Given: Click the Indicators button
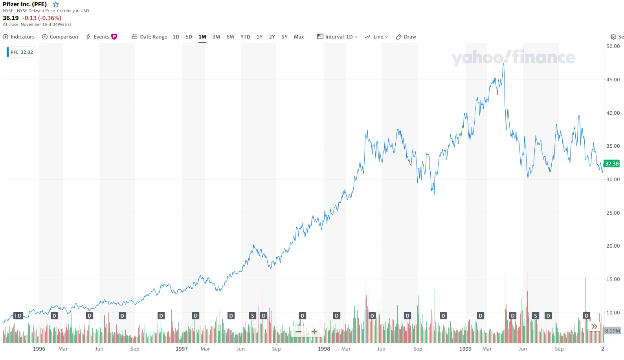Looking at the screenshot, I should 19,37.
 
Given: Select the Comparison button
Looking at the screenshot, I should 60,37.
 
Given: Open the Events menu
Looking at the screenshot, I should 101,37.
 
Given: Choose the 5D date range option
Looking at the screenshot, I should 189,37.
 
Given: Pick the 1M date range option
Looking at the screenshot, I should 202,37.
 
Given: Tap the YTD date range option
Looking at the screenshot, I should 245,37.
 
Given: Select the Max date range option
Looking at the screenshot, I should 299,37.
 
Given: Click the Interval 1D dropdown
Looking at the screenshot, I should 338,37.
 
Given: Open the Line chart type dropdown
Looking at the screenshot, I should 376,37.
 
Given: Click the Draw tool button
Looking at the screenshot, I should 406,37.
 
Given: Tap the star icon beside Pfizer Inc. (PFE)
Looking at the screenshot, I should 56,4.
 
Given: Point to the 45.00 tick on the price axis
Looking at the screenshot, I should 613,80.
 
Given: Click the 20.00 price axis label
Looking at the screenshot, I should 613,246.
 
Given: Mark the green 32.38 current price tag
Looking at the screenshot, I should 611,164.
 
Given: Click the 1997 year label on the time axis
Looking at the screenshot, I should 182,349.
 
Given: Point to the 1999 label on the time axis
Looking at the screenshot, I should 465,349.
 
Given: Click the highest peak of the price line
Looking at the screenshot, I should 503,64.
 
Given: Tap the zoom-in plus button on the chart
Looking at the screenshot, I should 314,332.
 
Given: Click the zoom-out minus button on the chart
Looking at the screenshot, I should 299,332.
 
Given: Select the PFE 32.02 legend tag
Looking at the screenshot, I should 22,52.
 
